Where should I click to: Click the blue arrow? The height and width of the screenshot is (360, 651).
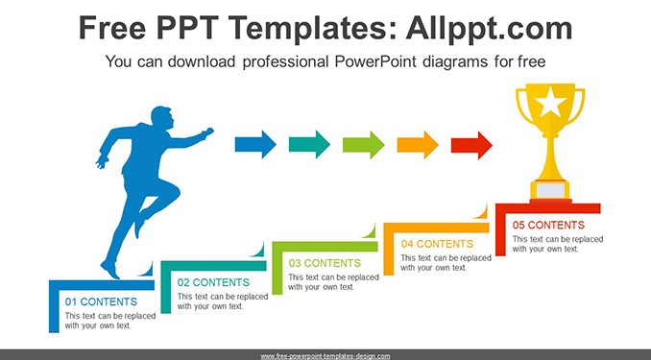coord(255,145)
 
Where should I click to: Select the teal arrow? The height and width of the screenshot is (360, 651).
coord(309,145)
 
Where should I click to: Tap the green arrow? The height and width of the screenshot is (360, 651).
coord(363,145)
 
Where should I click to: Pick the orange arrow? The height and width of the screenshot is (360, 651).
coord(418,145)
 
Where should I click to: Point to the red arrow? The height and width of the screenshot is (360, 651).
coord(471,145)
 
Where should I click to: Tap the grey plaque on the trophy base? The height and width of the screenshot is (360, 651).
coord(550,191)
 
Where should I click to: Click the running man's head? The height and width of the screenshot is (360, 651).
coord(161,117)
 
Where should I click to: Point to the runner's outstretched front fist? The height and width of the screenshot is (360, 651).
coord(207,132)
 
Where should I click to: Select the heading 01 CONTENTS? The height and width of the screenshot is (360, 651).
coord(101,301)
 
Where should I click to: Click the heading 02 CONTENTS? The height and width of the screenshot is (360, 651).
coord(213,282)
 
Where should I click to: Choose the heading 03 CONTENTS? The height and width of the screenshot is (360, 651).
coord(325,263)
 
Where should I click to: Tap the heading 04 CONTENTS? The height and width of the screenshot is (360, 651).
coord(437,244)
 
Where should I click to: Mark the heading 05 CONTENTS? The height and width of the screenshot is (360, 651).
coord(548,225)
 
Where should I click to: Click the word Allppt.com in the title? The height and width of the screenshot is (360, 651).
coord(489,28)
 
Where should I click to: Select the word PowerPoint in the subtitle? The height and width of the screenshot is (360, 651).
coord(375,61)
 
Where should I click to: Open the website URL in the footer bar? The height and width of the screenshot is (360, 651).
coord(325,356)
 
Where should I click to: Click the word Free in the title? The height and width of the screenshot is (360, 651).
coord(112,28)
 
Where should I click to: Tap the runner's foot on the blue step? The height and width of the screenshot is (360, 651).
coord(110,270)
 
